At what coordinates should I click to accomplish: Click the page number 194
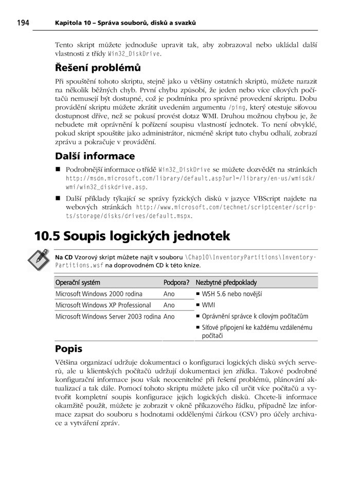click(24, 23)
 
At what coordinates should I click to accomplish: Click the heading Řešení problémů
click(98, 67)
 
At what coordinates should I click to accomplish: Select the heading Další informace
click(95, 156)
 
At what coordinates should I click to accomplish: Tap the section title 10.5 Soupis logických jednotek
click(132, 236)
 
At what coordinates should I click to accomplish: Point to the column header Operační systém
click(78, 282)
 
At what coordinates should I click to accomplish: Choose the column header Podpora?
click(176, 282)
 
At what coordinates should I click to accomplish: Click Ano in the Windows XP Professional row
click(169, 305)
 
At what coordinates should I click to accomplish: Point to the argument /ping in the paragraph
click(237, 107)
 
